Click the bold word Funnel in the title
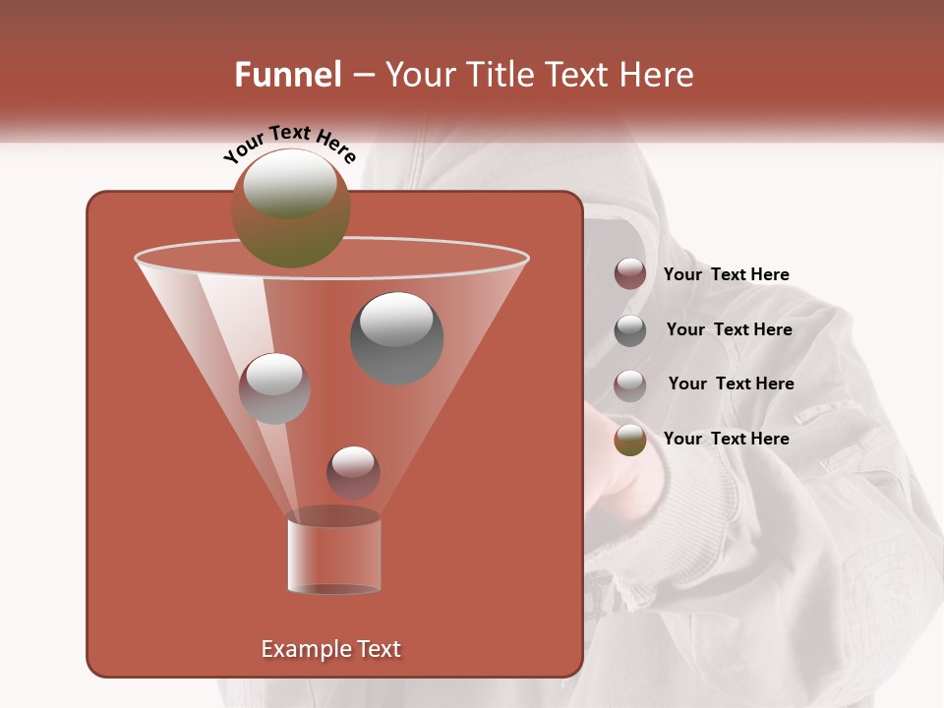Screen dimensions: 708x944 [287, 75]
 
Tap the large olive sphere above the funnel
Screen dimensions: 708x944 [291, 207]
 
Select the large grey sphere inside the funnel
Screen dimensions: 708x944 [397, 337]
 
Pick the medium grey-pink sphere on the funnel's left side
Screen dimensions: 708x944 [274, 388]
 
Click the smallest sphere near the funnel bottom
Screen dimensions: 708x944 [353, 472]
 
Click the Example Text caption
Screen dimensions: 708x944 [330, 649]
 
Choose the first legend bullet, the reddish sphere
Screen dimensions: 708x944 [630, 274]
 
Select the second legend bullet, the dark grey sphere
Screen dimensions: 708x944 [630, 329]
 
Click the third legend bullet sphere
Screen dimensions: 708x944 [630, 384]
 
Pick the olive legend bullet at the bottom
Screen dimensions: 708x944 [630, 440]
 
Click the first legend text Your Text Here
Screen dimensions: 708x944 [726, 274]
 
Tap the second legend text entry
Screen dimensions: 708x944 [729, 329]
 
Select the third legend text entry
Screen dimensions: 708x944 [731, 383]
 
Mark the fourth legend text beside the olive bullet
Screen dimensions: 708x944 [726, 439]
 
